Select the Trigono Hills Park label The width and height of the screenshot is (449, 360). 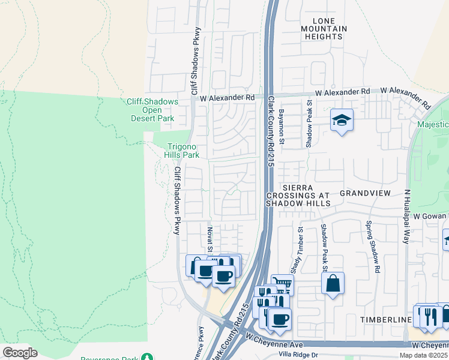point(182,150)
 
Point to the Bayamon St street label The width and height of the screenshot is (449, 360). point(280,128)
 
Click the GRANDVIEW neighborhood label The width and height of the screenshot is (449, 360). point(365,193)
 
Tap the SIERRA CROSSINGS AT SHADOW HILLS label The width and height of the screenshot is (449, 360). point(299,196)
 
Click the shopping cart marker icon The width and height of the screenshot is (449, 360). point(282,284)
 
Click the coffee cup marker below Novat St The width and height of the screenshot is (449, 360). point(224,277)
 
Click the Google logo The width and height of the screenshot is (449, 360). point(20,353)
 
